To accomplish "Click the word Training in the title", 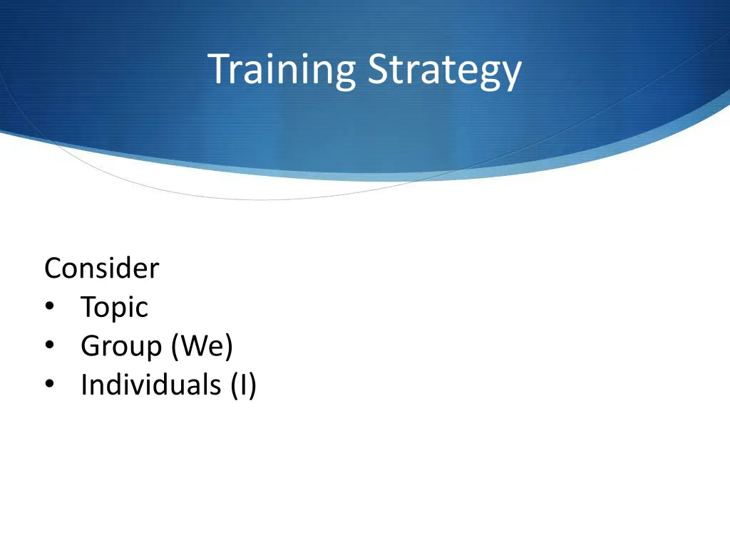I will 283,71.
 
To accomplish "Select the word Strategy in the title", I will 444,71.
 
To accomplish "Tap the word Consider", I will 101,269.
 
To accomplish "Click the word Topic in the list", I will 114,308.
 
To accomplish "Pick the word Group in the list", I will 121,347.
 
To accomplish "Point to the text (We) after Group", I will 202,347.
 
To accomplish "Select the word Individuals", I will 150,385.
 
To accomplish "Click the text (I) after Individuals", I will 243,385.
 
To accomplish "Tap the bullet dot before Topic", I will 49,308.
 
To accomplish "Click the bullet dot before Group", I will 49,347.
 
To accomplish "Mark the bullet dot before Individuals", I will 49,385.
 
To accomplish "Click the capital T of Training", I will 218,69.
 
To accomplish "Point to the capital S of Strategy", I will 378,69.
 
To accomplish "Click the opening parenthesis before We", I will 175,347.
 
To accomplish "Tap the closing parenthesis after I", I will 252,385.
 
